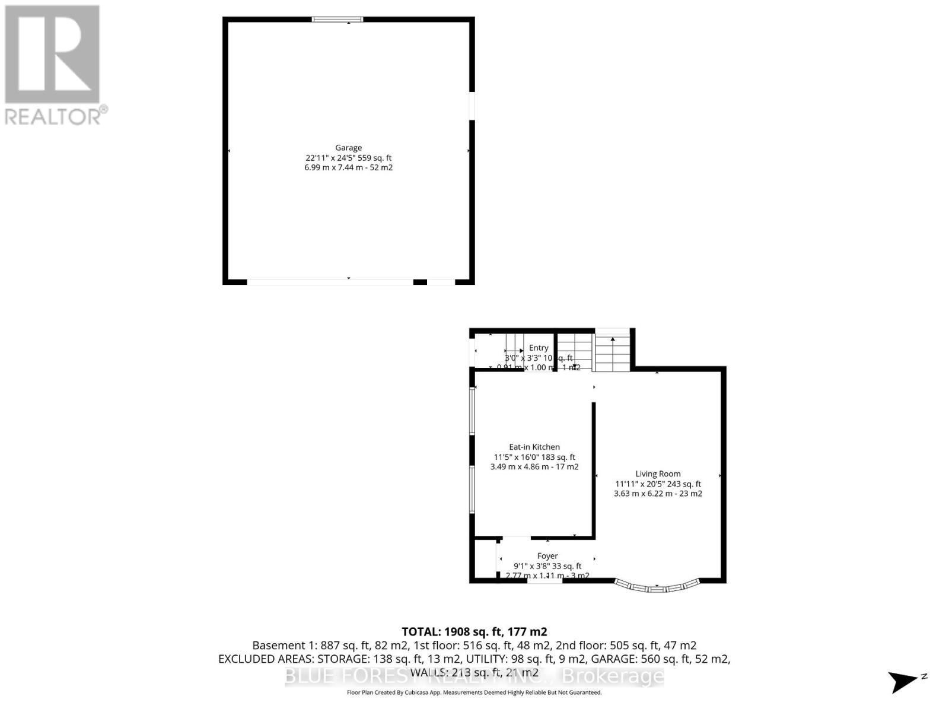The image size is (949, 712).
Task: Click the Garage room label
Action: [x=348, y=148]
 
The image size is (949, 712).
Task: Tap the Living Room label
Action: [x=658, y=473]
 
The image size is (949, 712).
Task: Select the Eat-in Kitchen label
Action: [x=534, y=447]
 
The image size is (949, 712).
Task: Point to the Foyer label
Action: [x=547, y=556]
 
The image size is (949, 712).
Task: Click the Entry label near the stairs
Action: [x=539, y=348]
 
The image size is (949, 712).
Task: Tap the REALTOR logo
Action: [x=53, y=65]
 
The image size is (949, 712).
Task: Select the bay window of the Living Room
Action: [x=657, y=587]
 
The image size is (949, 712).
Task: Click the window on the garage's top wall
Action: [x=337, y=20]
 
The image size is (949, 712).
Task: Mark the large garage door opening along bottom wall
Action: [x=330, y=282]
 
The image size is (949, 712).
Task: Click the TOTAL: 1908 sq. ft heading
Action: [x=474, y=631]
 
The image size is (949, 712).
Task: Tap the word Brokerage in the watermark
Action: [x=613, y=676]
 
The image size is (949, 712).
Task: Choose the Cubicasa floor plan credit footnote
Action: [x=474, y=692]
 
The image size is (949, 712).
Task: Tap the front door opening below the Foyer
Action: [x=544, y=580]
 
